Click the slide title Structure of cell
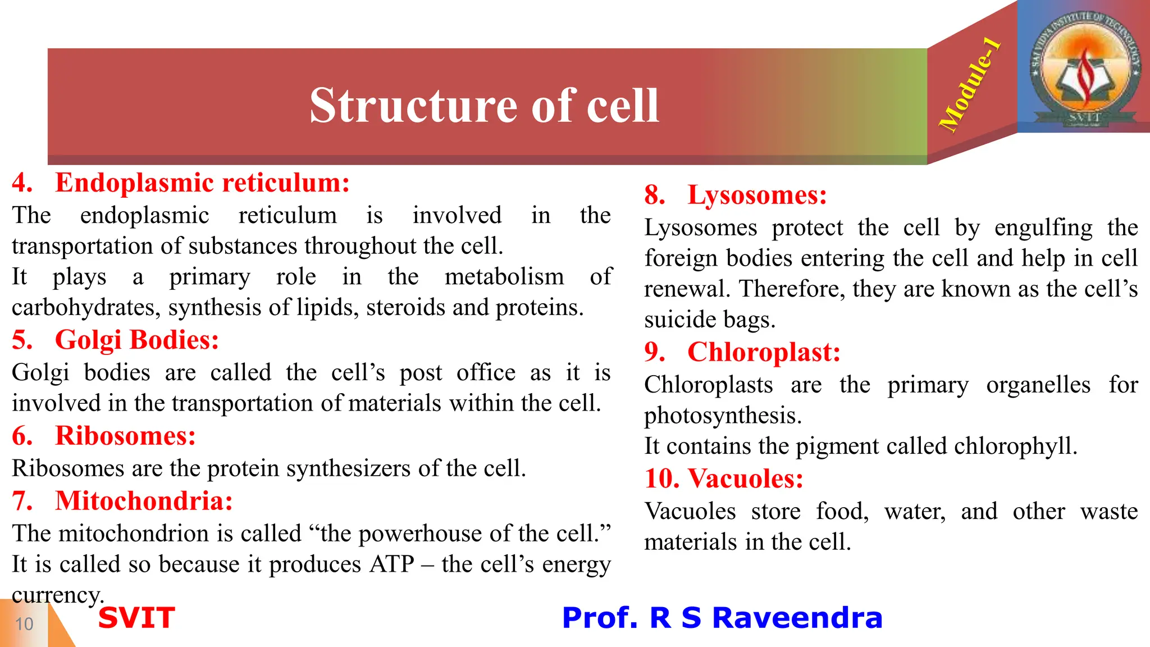pyautogui.click(x=484, y=106)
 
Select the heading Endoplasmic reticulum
pyautogui.click(x=202, y=183)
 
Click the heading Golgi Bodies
pyautogui.click(x=136, y=340)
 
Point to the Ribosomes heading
pyautogui.click(x=125, y=436)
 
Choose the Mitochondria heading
pyautogui.click(x=144, y=501)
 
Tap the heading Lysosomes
pyautogui.click(x=757, y=195)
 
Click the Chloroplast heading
pyautogui.click(x=764, y=353)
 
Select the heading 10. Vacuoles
pyautogui.click(x=724, y=479)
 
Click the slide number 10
pyautogui.click(x=24, y=624)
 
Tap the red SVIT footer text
pyautogui.click(x=136, y=618)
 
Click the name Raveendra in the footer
pyautogui.click(x=797, y=618)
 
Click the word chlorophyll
pyautogui.click(x=1014, y=446)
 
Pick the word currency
pyautogui.click(x=57, y=595)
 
